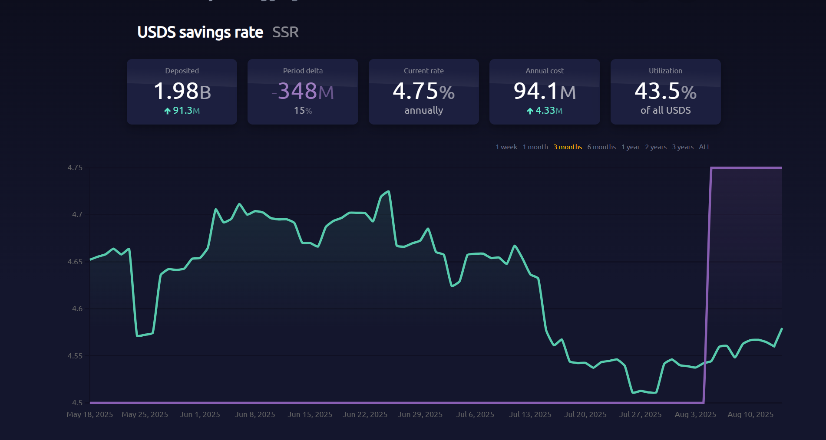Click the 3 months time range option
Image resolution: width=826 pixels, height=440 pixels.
pyautogui.click(x=567, y=147)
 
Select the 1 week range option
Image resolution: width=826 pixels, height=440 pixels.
pyautogui.click(x=506, y=147)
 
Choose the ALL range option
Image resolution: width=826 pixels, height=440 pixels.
pyautogui.click(x=704, y=147)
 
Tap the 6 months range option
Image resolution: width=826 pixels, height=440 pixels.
pyautogui.click(x=601, y=147)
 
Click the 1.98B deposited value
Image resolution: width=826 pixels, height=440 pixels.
pyautogui.click(x=182, y=91)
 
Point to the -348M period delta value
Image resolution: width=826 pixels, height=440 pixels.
pyautogui.click(x=303, y=91)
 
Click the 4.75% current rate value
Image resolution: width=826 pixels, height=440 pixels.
pyautogui.click(x=423, y=91)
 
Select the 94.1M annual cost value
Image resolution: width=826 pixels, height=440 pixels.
pyautogui.click(x=544, y=91)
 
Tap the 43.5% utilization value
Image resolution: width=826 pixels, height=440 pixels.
pyautogui.click(x=665, y=91)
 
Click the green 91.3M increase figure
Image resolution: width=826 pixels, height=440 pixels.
pyautogui.click(x=182, y=111)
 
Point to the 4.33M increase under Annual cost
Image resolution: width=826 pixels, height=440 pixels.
pyautogui.click(x=545, y=111)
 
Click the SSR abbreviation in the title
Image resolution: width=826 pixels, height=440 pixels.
pyautogui.click(x=285, y=32)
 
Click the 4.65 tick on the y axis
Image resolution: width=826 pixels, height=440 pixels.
pyautogui.click(x=75, y=262)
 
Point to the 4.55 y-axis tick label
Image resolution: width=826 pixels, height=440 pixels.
pyautogui.click(x=75, y=356)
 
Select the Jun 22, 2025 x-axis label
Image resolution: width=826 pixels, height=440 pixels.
pyautogui.click(x=365, y=414)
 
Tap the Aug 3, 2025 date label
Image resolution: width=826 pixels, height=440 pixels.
pyautogui.click(x=695, y=414)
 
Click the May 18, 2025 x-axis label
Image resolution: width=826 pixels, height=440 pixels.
pyautogui.click(x=89, y=414)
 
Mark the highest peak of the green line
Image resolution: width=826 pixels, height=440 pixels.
pyautogui.click(x=388, y=191)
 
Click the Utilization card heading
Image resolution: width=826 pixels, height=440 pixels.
pyautogui.click(x=665, y=71)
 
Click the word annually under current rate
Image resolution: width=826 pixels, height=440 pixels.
pyautogui.click(x=423, y=110)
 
